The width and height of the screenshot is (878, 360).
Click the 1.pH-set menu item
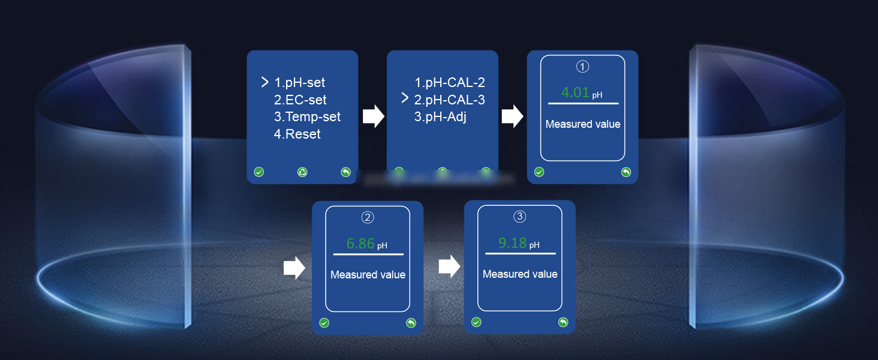click(299, 83)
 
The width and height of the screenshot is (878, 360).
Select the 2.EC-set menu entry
click(300, 100)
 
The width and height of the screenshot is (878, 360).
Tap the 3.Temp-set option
click(307, 116)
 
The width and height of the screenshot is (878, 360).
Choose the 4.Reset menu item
click(297, 134)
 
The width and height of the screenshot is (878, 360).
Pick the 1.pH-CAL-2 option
click(449, 83)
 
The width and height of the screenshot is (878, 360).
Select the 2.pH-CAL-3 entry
click(449, 100)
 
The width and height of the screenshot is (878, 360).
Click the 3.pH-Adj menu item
click(440, 116)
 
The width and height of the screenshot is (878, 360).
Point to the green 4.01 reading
click(575, 93)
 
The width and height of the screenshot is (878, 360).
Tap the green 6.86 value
click(360, 244)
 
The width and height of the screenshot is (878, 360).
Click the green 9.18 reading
click(512, 243)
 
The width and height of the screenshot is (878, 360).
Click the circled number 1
click(583, 67)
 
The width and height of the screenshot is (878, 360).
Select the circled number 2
click(368, 217)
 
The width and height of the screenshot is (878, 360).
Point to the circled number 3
click(520, 216)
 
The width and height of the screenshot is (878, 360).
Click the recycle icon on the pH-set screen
click(302, 172)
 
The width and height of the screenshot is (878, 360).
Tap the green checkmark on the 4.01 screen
click(539, 172)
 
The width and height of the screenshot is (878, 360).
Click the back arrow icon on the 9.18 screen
click(563, 322)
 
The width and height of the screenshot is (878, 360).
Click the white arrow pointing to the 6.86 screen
click(294, 268)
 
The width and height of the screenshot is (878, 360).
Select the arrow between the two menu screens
click(373, 116)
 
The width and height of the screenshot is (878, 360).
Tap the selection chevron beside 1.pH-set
click(264, 82)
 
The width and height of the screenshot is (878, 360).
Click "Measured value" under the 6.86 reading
click(368, 275)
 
